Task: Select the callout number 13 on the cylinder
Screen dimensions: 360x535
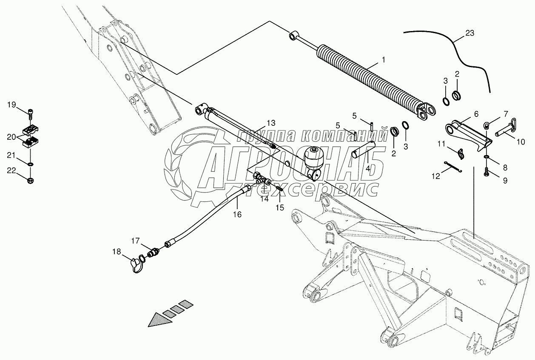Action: [270, 123]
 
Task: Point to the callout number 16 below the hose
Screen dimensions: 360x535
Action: [237, 215]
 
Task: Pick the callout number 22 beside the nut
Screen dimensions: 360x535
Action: [11, 170]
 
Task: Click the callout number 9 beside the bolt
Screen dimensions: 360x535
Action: [505, 180]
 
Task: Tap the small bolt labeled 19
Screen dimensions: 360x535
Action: [30, 112]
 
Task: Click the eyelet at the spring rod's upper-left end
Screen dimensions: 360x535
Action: [293, 35]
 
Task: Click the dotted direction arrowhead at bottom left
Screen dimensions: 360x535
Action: [158, 319]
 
